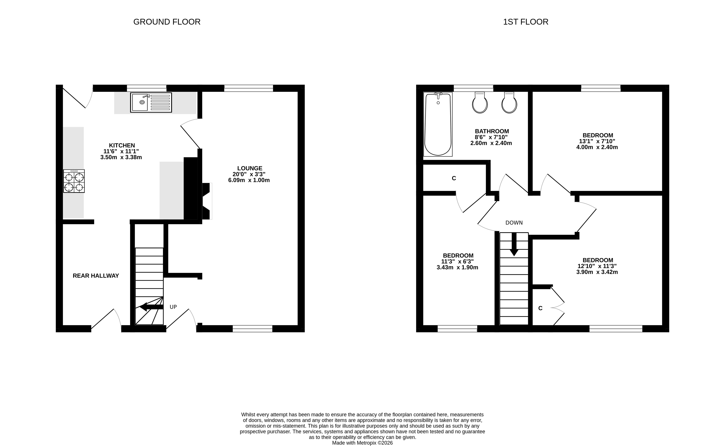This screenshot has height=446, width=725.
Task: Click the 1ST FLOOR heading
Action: pos(526,22)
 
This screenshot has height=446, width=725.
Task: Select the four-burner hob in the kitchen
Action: pos(74,181)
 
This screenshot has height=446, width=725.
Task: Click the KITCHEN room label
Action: pos(122,145)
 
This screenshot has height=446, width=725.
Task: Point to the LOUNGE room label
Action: pos(250,168)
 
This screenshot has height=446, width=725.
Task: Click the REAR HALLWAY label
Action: pos(96,276)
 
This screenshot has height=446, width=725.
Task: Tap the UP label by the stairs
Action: pos(173,307)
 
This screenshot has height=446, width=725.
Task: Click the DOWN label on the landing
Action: pos(514,223)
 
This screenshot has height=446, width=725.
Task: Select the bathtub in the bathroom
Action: pos(438,124)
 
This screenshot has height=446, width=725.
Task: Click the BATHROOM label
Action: pos(492,131)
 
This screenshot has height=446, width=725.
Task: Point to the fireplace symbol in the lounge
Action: pos(207,201)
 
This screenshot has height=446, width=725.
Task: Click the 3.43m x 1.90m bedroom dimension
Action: pos(457,268)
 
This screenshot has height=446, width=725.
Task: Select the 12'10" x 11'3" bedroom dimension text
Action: pos(597,266)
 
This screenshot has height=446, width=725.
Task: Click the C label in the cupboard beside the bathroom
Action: pos(454,178)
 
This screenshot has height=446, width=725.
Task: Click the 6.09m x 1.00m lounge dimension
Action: pos(249,180)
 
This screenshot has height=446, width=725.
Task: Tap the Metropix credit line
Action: pos(362,443)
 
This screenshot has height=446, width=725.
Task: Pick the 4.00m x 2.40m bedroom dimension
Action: pos(597,147)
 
